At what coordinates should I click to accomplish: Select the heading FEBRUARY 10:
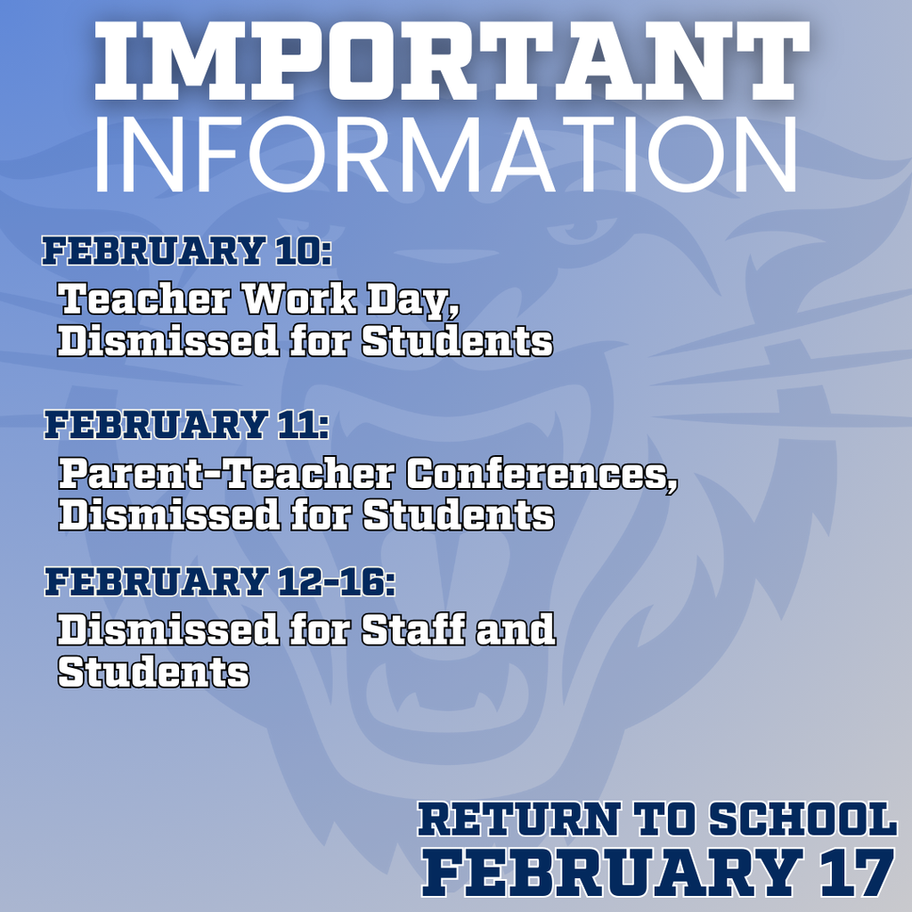point(186,251)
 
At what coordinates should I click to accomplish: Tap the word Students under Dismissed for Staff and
point(153,672)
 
